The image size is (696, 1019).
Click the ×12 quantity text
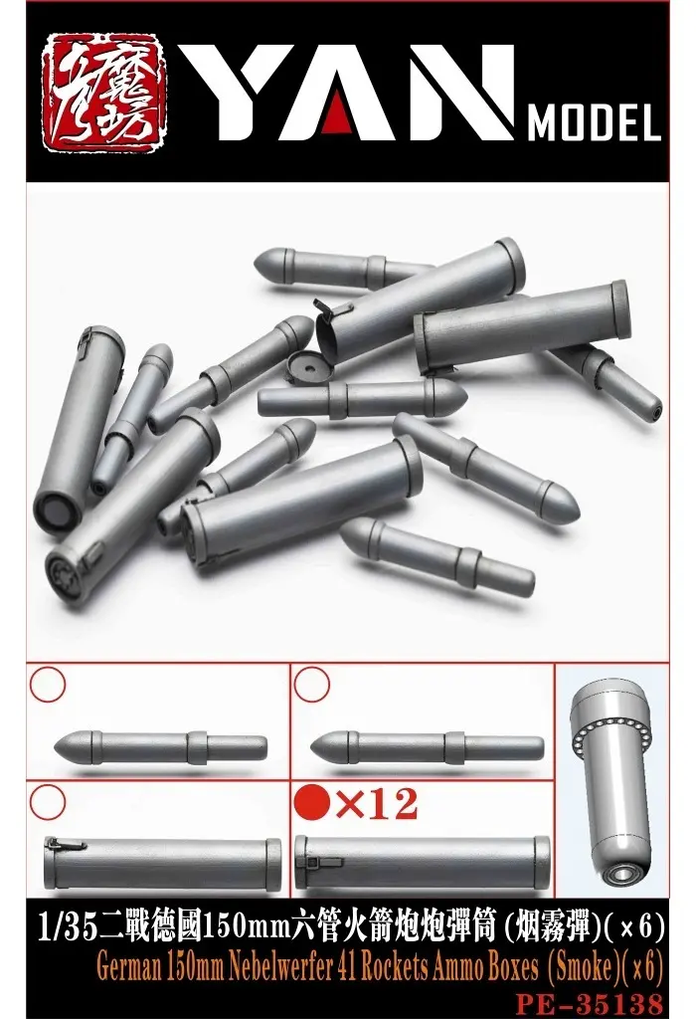click(377, 803)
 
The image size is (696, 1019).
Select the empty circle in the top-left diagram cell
click(48, 685)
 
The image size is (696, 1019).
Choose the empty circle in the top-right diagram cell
click(313, 685)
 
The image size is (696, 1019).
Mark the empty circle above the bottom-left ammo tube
click(48, 801)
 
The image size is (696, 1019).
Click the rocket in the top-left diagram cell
click(159, 744)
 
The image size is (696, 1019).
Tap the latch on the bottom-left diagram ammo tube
click(68, 846)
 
